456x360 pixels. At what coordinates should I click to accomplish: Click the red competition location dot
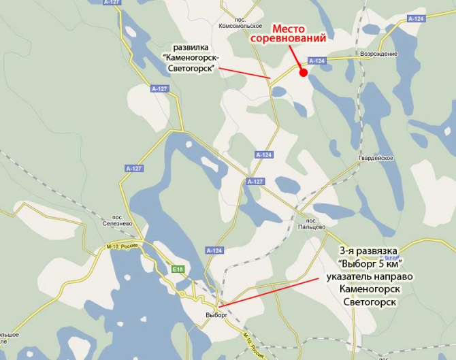pos(302,71)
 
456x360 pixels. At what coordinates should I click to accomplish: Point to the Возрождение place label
pos(380,54)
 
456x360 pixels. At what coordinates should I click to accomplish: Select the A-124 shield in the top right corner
pos(416,18)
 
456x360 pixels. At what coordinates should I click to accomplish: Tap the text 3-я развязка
pos(368,251)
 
